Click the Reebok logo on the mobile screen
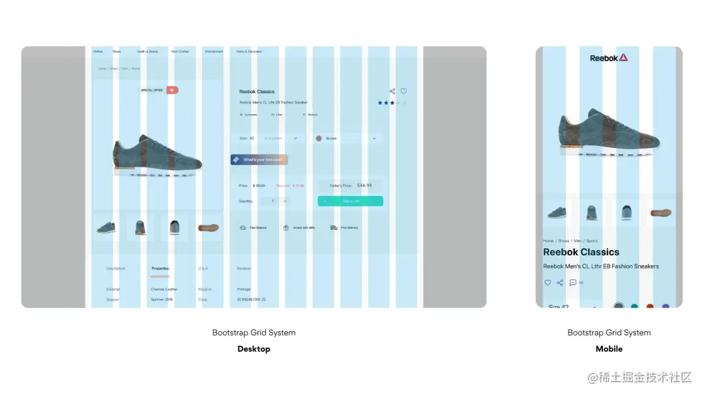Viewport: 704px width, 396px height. pyautogui.click(x=609, y=58)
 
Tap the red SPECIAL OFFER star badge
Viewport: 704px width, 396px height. pyautogui.click(x=172, y=90)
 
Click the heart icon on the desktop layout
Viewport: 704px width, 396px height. pyautogui.click(x=403, y=91)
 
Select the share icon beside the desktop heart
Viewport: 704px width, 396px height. pyautogui.click(x=392, y=91)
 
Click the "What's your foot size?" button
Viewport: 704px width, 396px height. pyautogui.click(x=259, y=160)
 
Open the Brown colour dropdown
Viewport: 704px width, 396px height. pyautogui.click(x=347, y=138)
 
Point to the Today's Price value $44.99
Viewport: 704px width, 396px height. pyautogui.click(x=364, y=186)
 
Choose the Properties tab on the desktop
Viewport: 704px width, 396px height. pyautogui.click(x=160, y=268)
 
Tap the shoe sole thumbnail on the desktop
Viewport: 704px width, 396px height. pyautogui.click(x=209, y=228)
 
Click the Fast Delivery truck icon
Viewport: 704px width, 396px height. pyautogui.click(x=242, y=228)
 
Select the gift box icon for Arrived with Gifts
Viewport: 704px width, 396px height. pyautogui.click(x=286, y=228)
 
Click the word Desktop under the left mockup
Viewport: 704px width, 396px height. pyautogui.click(x=254, y=349)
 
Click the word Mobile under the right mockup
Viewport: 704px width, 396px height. pyautogui.click(x=609, y=349)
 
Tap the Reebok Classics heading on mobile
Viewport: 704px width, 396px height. pyautogui.click(x=581, y=252)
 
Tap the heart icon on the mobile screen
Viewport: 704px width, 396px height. pyautogui.click(x=548, y=283)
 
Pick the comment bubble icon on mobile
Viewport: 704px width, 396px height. pyautogui.click(x=572, y=283)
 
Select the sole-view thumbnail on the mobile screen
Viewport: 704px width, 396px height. pyautogui.click(x=660, y=212)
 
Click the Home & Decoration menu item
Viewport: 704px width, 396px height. pyautogui.click(x=249, y=51)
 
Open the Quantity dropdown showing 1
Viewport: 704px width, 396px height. pyautogui.click(x=274, y=201)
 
